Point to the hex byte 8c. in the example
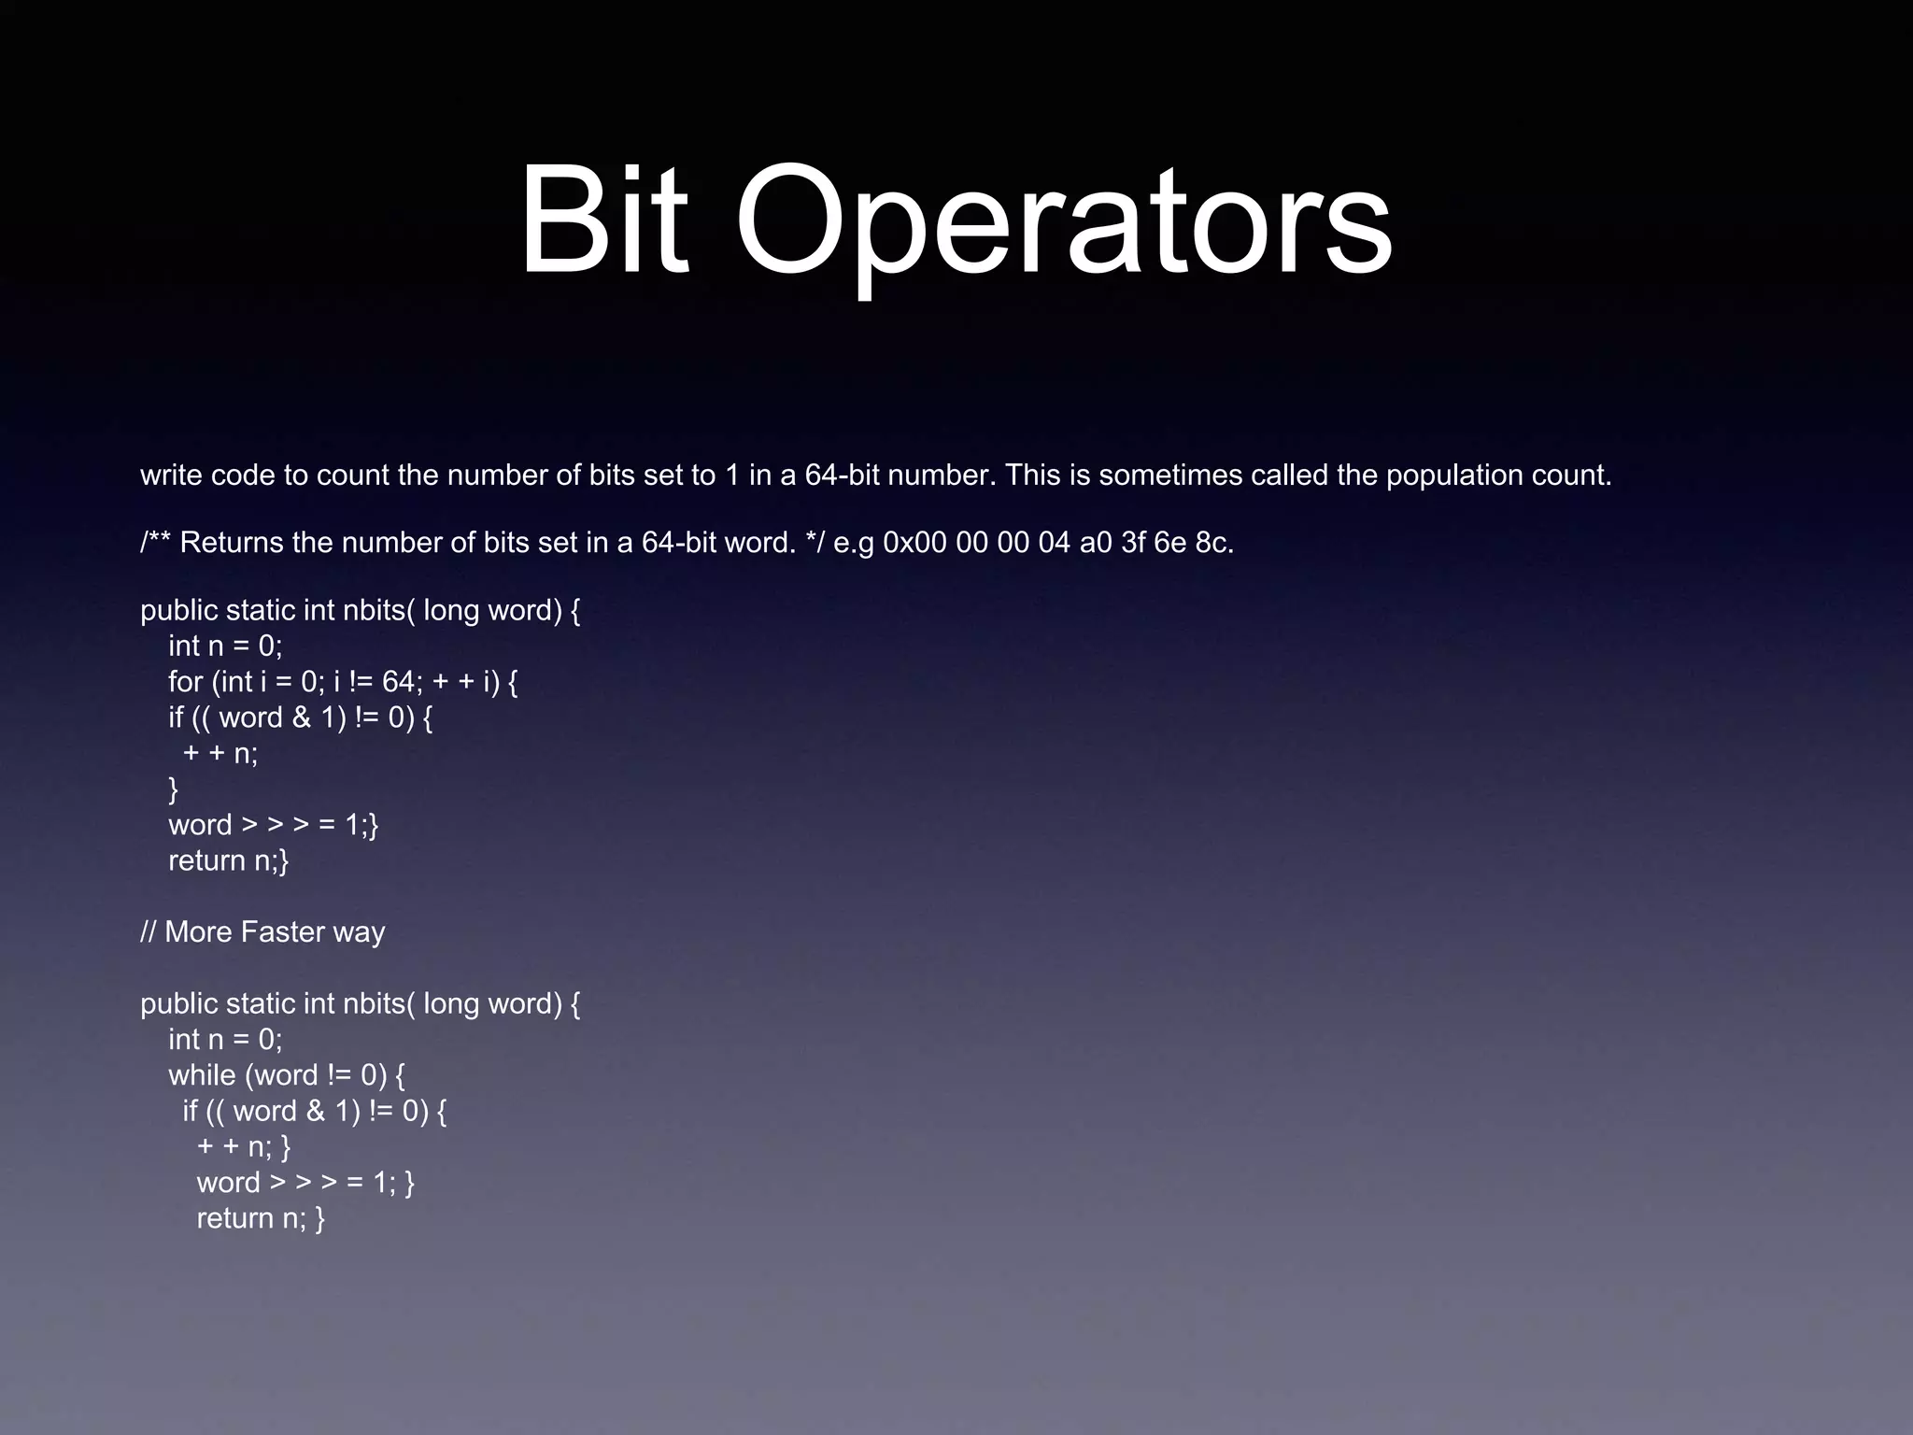coord(1214,543)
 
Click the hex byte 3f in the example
coord(1133,543)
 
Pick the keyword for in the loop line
coord(185,682)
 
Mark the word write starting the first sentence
coord(172,476)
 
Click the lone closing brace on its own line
coord(173,789)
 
